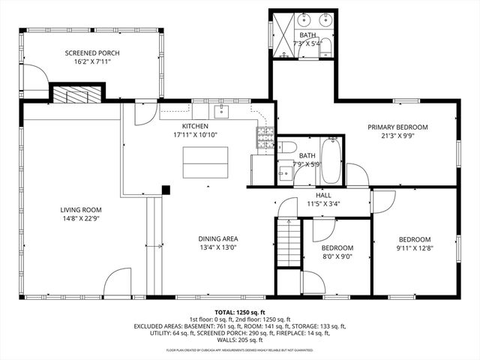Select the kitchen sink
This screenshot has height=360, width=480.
pyautogui.click(x=221, y=112)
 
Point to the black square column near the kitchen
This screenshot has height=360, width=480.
pyautogui.click(x=166, y=190)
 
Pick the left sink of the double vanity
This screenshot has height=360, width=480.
pyautogui.click(x=308, y=18)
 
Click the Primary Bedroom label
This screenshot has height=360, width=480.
pyautogui.click(x=397, y=127)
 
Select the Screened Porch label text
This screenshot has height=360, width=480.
pyautogui.click(x=92, y=52)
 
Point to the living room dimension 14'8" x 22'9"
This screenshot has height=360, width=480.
pyautogui.click(x=81, y=220)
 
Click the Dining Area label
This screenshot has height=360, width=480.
pyautogui.click(x=219, y=238)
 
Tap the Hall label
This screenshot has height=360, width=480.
pyautogui.click(x=323, y=194)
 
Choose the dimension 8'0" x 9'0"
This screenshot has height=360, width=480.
pyautogui.click(x=337, y=256)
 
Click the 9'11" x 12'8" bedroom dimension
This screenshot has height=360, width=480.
pyautogui.click(x=414, y=248)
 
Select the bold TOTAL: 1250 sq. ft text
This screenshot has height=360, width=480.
pyautogui.click(x=240, y=311)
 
